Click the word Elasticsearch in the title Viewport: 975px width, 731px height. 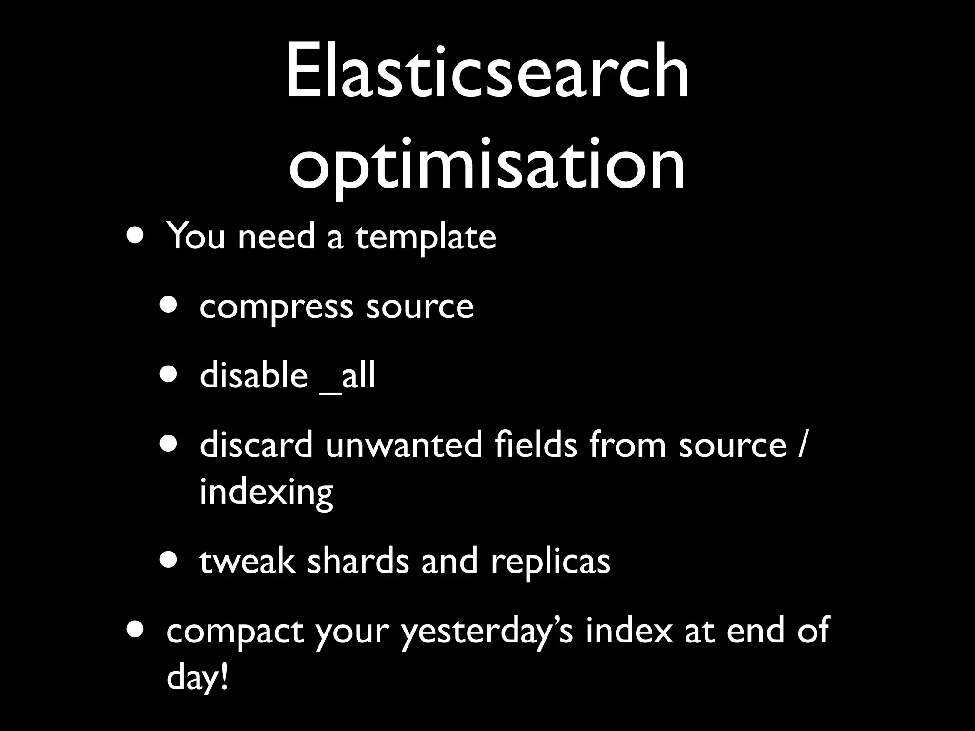pos(487,71)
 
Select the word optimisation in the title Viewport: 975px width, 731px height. pos(487,164)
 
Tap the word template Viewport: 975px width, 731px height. pos(426,237)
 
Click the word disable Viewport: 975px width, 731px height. pos(254,375)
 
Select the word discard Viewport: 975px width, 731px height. pos(256,445)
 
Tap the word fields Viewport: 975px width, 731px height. pos(535,445)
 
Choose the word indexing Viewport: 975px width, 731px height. pos(266,493)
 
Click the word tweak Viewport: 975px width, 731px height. pos(247,562)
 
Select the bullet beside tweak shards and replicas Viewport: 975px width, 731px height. pos(169,560)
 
